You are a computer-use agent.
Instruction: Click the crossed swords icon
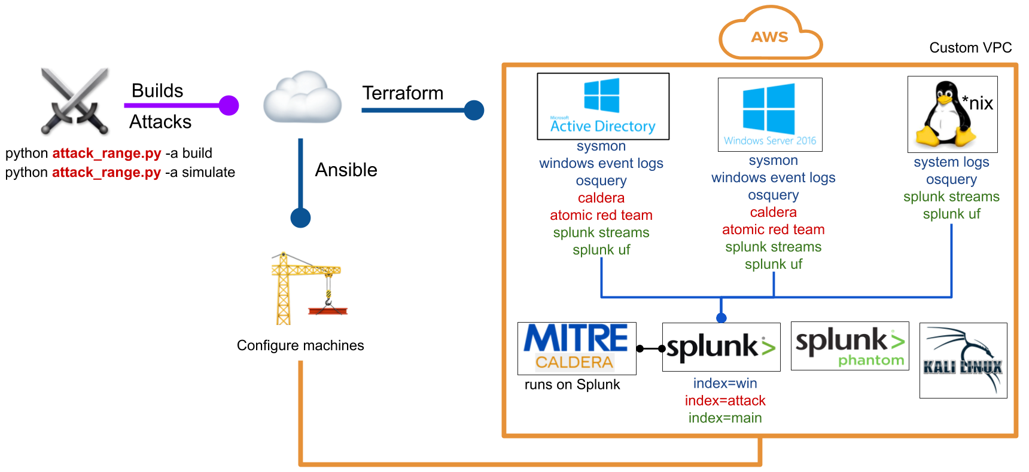[x=75, y=101]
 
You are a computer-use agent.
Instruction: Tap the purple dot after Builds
[x=229, y=106]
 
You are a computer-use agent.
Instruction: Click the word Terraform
[x=403, y=93]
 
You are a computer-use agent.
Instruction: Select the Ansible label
[x=346, y=170]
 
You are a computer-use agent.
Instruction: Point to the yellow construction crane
[x=309, y=288]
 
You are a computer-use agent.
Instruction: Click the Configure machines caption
[x=300, y=345]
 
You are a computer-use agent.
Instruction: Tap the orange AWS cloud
[x=770, y=33]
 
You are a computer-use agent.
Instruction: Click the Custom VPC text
[x=970, y=48]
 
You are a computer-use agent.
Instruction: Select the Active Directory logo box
[x=603, y=106]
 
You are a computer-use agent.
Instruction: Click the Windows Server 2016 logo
[x=770, y=115]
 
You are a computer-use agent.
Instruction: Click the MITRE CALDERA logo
[x=577, y=348]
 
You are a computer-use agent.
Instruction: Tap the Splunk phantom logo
[x=850, y=346]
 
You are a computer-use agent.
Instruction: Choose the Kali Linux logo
[x=963, y=360]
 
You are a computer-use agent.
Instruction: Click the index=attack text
[x=725, y=400]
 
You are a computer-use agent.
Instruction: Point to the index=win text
[x=725, y=383]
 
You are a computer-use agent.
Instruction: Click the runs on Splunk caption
[x=572, y=385]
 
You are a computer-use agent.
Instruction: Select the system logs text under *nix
[x=951, y=162]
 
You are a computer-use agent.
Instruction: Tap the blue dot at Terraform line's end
[x=474, y=110]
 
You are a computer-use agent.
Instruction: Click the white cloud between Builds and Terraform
[x=303, y=97]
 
